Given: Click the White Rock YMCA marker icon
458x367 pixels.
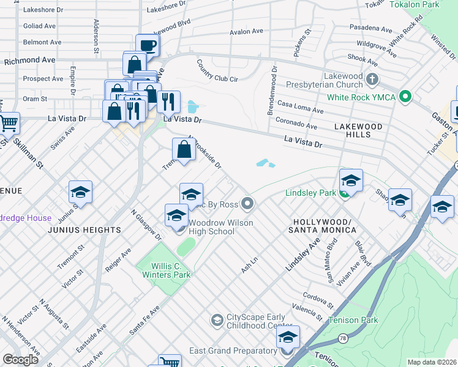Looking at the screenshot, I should click(x=404, y=97).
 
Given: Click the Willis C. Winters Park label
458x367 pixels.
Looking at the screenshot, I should click(x=162, y=270).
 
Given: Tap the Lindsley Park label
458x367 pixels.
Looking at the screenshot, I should click(x=310, y=193).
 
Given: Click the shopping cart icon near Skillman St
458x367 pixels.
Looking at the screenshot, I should click(x=9, y=123).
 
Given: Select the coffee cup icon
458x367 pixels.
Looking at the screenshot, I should click(x=147, y=45).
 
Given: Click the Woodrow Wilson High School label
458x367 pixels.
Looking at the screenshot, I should click(x=220, y=228).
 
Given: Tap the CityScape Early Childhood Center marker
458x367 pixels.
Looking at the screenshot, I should click(x=216, y=320).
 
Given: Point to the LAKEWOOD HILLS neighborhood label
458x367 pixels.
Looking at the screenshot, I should click(x=361, y=130).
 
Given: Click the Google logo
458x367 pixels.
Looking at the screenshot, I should click(x=20, y=360).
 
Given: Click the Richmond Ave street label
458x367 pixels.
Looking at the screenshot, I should click(x=29, y=61).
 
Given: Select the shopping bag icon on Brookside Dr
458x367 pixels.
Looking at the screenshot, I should click(x=184, y=148).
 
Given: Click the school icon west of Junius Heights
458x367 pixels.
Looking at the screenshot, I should click(x=80, y=192).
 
